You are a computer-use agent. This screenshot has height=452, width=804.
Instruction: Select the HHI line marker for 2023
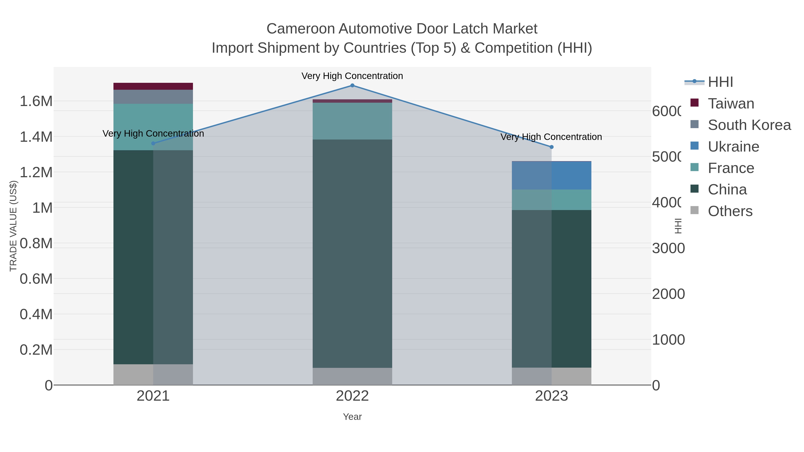click(551, 147)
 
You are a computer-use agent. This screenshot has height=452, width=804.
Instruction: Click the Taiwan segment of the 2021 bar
click(153, 86)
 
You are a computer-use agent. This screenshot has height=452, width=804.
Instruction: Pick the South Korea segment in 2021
click(153, 97)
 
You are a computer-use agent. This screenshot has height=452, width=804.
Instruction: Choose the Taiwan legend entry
click(730, 104)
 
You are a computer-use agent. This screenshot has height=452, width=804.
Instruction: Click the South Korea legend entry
click(749, 125)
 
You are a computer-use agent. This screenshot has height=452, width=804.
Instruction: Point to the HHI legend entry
click(720, 82)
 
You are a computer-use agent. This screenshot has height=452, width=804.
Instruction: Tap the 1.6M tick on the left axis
click(36, 101)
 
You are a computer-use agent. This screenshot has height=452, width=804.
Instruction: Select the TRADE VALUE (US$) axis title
click(13, 226)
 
